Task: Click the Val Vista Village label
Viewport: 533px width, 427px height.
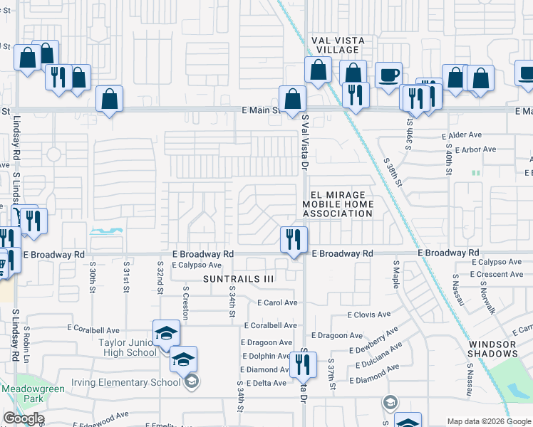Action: pyautogui.click(x=337, y=46)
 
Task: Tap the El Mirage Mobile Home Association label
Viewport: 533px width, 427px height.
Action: pyautogui.click(x=338, y=204)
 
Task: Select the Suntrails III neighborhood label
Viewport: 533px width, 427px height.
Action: pyautogui.click(x=238, y=279)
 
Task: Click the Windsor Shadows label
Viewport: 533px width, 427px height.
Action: pyautogui.click(x=493, y=349)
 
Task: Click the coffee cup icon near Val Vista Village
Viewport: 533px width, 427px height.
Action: pyautogui.click(x=388, y=75)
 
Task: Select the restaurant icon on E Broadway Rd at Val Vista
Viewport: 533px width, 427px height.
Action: pyautogui.click(x=294, y=241)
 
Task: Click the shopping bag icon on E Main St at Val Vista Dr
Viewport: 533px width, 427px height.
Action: pyautogui.click(x=292, y=100)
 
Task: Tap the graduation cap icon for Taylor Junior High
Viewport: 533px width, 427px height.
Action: pyautogui.click(x=165, y=333)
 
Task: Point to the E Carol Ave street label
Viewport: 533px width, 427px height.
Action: pyautogui.click(x=277, y=302)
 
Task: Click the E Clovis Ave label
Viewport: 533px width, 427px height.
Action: pyautogui.click(x=368, y=314)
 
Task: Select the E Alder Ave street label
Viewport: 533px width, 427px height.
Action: pyautogui.click(x=462, y=135)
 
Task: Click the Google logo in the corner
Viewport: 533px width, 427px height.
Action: pyautogui.click(x=24, y=418)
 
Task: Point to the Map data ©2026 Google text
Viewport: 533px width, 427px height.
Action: pyautogui.click(x=489, y=421)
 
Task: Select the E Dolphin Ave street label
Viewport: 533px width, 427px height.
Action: pyautogui.click(x=265, y=357)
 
